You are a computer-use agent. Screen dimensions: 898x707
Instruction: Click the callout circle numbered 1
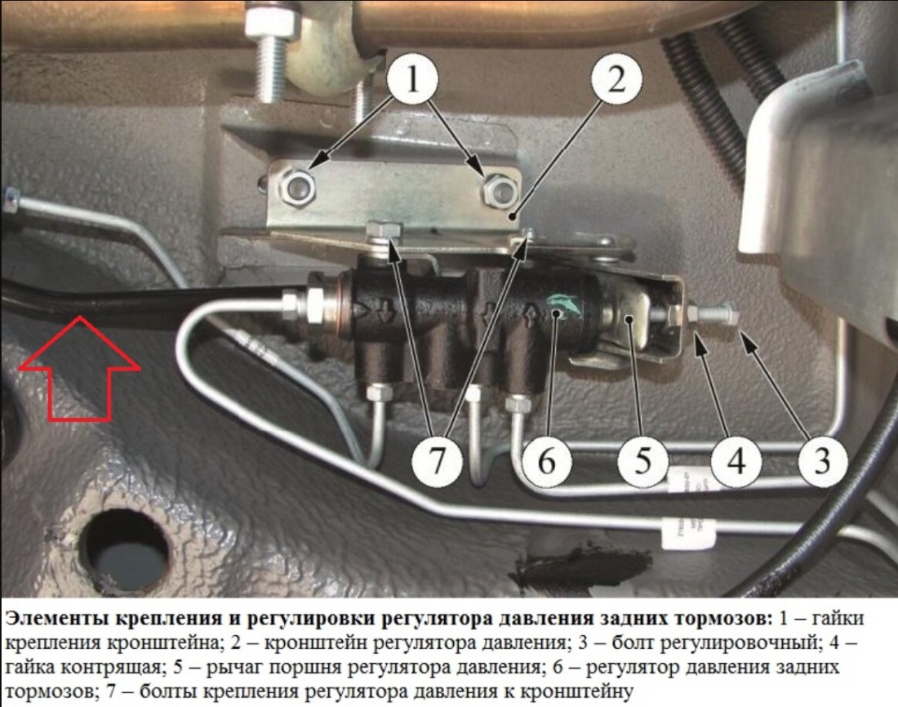click(412, 78)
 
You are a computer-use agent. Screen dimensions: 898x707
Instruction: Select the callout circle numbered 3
click(822, 460)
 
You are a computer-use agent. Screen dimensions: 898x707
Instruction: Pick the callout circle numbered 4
click(736, 460)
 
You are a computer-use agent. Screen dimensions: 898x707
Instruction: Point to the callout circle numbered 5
click(642, 460)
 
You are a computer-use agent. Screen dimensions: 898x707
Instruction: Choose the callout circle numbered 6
click(547, 460)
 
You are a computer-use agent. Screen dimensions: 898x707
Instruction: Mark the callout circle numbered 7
click(438, 460)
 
